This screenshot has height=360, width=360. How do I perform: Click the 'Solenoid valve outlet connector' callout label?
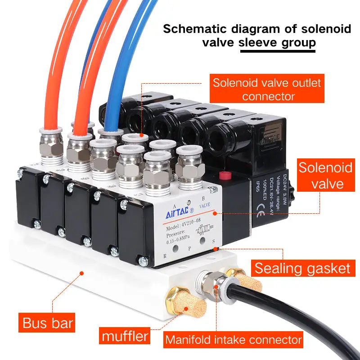coord(267,89)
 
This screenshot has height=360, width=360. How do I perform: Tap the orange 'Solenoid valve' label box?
coord(325,175)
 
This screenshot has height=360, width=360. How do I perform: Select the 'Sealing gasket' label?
coord(302,268)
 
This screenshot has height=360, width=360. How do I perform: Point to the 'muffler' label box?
coord(125,336)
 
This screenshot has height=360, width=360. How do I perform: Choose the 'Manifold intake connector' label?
coord(233,339)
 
